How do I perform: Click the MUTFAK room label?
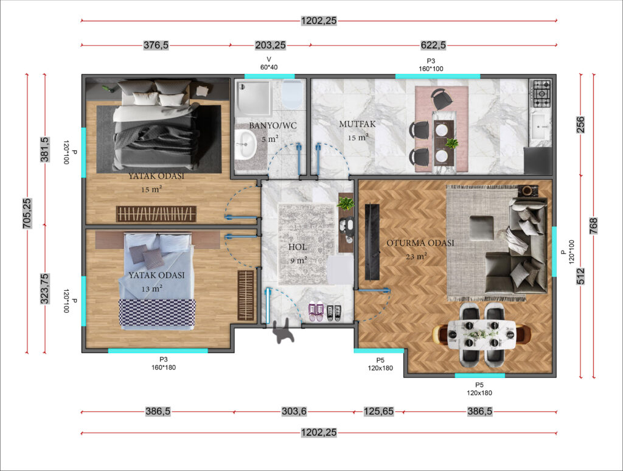357,124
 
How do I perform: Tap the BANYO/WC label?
273,125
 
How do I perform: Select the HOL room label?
297,247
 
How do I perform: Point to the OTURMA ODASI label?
420,243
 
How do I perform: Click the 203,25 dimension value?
270,45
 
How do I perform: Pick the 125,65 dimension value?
378,411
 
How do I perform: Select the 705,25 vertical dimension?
27,214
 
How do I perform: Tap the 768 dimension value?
593,226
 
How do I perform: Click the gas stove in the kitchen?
541,94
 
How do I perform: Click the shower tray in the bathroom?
253,98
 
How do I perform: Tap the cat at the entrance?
284,332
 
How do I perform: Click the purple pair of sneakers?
316,312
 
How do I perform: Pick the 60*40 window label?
269,67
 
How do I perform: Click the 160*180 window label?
163,368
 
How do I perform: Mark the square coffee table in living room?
482,228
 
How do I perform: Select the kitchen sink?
540,127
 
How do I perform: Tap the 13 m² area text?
151,288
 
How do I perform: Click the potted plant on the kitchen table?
451,142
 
